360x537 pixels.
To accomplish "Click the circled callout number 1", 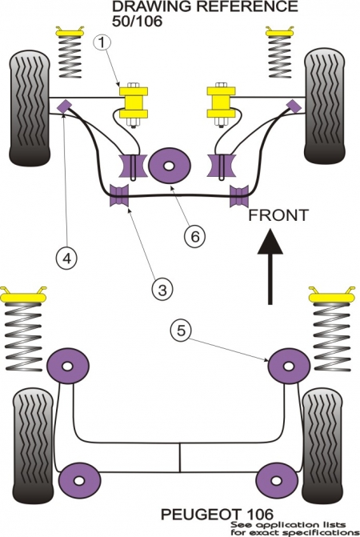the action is (x=102, y=42).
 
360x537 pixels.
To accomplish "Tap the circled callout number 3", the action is (x=162, y=290).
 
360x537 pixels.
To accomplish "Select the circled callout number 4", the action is (x=67, y=258).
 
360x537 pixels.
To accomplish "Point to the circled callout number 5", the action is (x=181, y=331).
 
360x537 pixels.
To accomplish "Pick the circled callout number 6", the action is (x=194, y=236).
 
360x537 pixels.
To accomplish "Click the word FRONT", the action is (x=278, y=215).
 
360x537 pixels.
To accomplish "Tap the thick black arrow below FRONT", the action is (x=270, y=267).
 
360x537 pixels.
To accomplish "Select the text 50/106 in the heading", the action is (x=137, y=22).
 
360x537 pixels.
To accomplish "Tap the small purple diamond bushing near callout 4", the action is (x=64, y=106).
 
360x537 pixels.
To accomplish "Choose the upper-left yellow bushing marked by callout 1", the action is (x=134, y=102).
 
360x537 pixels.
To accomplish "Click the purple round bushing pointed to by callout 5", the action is (x=289, y=367).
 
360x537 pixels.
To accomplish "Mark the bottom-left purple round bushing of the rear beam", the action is (x=79, y=480).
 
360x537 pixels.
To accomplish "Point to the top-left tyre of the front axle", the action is (x=30, y=107).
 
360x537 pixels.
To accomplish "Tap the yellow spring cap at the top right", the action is (x=279, y=31).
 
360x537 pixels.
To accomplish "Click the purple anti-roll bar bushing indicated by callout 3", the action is (x=118, y=195).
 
